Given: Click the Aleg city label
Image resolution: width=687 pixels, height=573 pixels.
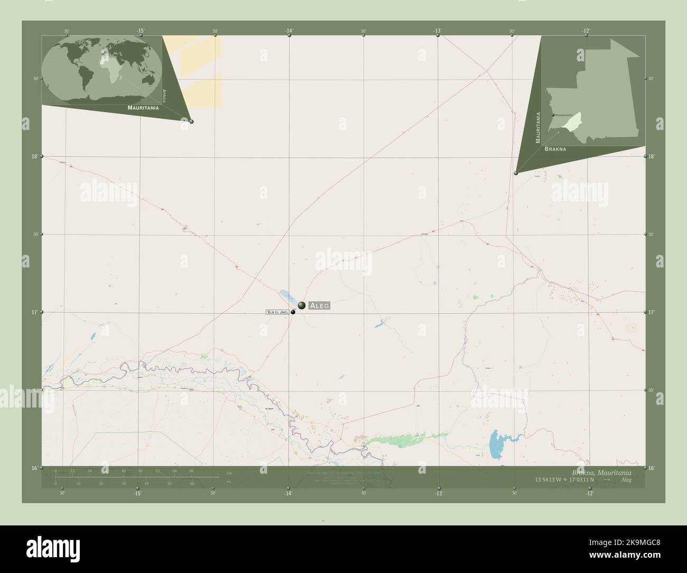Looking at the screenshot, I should pyautogui.click(x=319, y=306).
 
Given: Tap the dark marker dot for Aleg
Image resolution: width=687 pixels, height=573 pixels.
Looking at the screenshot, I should pyautogui.click(x=301, y=305).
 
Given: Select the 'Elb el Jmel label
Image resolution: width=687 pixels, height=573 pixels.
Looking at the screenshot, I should pyautogui.click(x=277, y=312).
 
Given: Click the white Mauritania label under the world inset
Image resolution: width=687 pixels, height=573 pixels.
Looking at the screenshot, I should pyautogui.click(x=143, y=107).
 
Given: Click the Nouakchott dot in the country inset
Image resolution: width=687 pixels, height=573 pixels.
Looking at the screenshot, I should pyautogui.click(x=553, y=115).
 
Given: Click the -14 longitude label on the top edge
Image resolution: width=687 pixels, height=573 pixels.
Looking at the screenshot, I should pyautogui.click(x=289, y=31).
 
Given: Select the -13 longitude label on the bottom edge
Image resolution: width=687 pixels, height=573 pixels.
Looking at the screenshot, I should pyautogui.click(x=439, y=493).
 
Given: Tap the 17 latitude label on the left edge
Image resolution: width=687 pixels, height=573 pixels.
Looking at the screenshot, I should pyautogui.click(x=34, y=312).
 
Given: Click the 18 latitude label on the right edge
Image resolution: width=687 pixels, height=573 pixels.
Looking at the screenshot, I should pyautogui.click(x=652, y=156).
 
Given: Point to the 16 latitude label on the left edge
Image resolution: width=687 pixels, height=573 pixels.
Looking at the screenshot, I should pyautogui.click(x=34, y=468).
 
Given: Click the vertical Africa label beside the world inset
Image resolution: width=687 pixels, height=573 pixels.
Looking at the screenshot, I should pyautogui.click(x=164, y=95).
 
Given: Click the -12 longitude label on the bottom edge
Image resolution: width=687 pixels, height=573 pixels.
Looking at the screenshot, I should pyautogui.click(x=589, y=493).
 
